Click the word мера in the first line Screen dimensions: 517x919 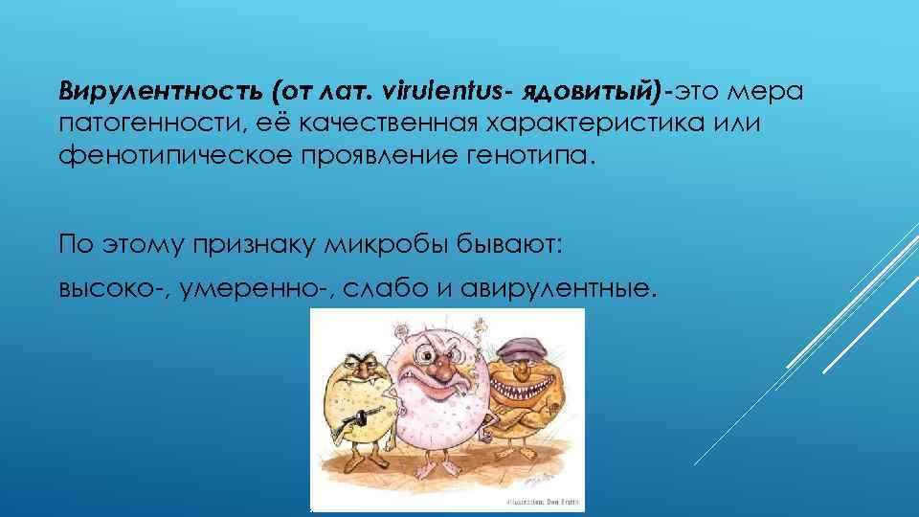(x=771, y=92)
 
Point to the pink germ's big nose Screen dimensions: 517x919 (x=437, y=366)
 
